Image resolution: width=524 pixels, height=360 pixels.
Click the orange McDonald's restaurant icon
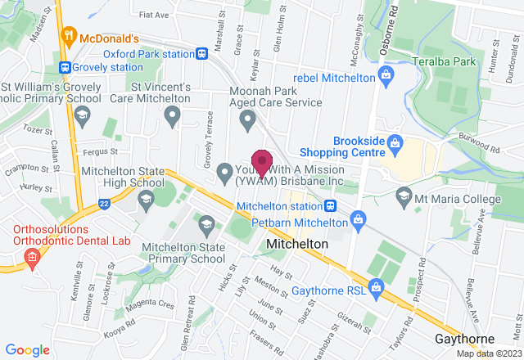tap(68, 38)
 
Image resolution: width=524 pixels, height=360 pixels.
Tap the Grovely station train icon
tap(64, 67)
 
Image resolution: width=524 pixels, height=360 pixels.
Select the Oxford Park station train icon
tap(201, 54)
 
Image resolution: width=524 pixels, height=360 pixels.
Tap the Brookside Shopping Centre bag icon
tap(395, 144)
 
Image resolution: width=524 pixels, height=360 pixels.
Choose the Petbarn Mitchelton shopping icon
tap(356, 219)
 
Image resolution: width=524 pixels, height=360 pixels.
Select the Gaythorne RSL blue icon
tap(376, 286)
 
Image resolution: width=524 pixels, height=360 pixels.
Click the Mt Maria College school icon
tap(403, 196)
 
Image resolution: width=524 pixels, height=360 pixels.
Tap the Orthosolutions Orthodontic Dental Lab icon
tap(32, 259)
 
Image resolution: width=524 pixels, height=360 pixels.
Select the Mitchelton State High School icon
tap(147, 200)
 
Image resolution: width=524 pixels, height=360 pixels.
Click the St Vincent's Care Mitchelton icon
tap(172, 117)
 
